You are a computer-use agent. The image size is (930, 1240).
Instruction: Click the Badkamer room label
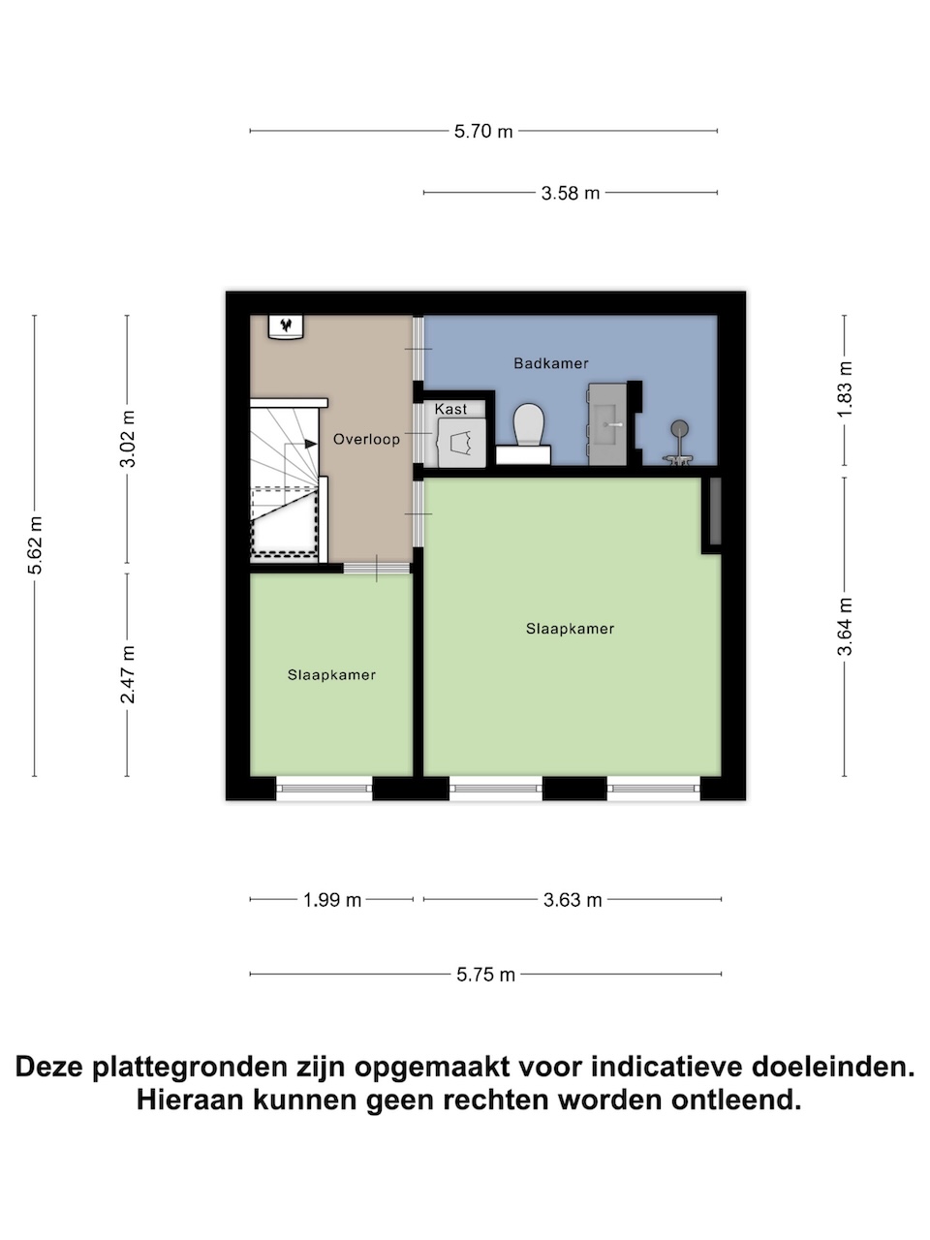pos(550,363)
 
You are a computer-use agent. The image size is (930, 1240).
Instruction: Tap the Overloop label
pos(366,439)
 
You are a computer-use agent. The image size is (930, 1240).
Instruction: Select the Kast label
pos(450,409)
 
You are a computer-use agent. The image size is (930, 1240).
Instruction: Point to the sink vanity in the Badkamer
pos(607,424)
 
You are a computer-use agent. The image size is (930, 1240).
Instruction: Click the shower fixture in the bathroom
pos(679,443)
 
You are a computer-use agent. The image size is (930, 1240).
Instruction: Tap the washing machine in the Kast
pos(462,443)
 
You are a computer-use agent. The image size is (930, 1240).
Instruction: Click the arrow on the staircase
pos(309,444)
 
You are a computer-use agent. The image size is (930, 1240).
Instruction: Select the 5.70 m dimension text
pos(483,132)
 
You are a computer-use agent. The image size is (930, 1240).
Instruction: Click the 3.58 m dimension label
pos(571,193)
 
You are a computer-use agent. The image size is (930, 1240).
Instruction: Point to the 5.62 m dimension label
pos(35,545)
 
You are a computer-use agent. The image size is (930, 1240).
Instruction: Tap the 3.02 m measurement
pos(128,439)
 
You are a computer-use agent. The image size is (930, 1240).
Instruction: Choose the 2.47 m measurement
pos(128,674)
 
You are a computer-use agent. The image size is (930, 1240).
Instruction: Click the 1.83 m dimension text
pos(845,389)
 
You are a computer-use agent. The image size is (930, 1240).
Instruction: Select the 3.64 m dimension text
pos(845,627)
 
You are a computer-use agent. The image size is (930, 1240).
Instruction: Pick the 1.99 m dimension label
pos(332,900)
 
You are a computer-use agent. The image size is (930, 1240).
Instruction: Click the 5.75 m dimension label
pos(485,976)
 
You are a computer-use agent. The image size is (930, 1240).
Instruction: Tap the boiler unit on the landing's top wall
pos(286,327)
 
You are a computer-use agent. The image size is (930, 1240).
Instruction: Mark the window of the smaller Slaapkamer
pos(325,788)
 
